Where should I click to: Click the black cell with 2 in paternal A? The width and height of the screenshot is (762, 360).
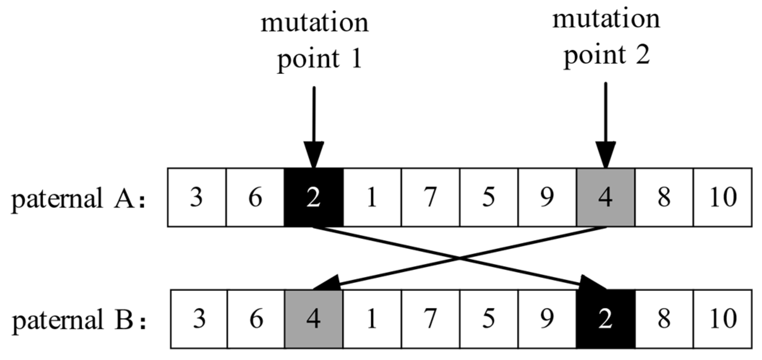pos(313,197)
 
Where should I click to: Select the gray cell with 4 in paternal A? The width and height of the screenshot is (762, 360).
pos(605,197)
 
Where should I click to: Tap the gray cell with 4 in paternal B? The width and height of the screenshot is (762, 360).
pos(313,319)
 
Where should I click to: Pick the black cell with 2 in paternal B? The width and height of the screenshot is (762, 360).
pos(605,319)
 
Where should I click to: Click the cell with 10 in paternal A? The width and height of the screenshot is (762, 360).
pos(723,197)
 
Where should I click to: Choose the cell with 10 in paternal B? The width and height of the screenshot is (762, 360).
pos(723,319)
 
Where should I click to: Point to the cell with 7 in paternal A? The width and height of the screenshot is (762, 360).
pos(430,197)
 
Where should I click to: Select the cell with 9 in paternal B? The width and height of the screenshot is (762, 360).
pos(547,319)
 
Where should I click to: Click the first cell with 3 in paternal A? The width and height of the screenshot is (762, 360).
pos(197,197)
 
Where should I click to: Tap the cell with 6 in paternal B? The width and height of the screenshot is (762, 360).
pos(256,319)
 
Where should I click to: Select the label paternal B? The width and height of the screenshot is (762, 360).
pos(79,320)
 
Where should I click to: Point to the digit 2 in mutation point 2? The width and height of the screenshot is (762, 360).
pos(643,55)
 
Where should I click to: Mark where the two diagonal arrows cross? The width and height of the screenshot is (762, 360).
pos(459,258)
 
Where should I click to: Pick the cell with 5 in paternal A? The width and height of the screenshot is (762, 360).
pos(489,197)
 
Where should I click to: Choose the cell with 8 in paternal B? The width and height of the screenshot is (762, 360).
pos(664,319)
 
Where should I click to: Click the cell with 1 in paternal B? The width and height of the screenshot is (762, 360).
pos(372,319)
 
